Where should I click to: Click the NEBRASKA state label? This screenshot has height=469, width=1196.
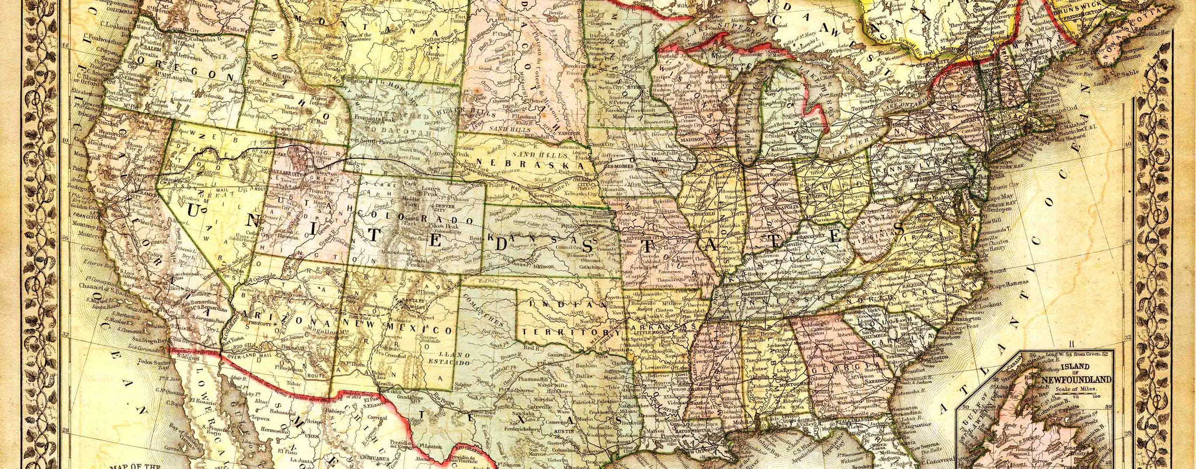pos(530,163)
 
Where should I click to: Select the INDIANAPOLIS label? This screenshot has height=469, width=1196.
pos(775,207)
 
